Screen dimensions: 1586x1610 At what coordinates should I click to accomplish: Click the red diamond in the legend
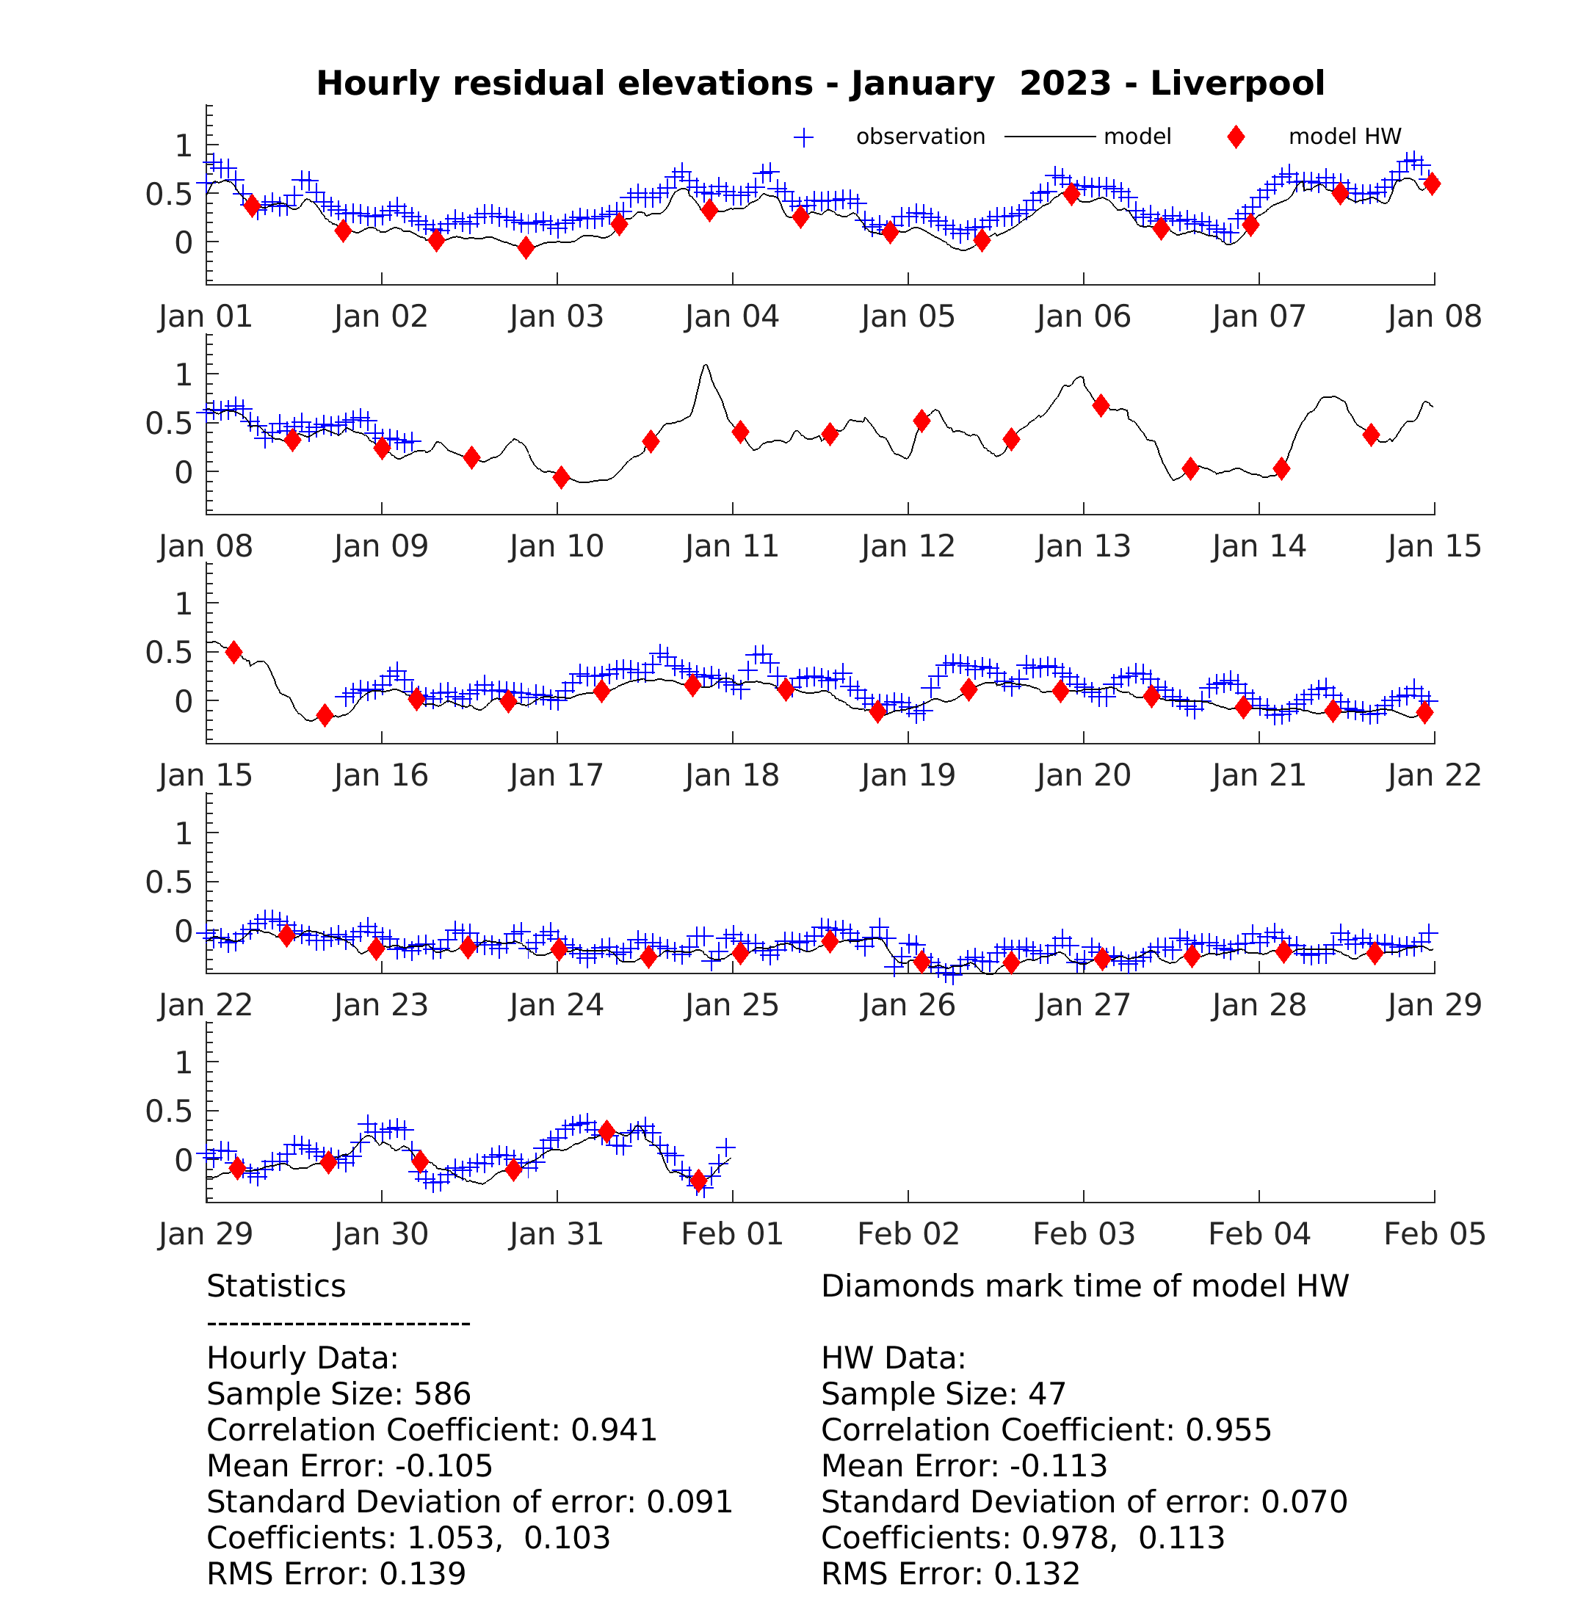coord(1236,137)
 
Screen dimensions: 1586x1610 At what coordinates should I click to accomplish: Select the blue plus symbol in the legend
coord(804,137)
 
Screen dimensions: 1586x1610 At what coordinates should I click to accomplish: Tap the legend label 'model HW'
coord(1344,137)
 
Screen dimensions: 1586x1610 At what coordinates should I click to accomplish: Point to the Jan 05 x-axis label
coord(908,316)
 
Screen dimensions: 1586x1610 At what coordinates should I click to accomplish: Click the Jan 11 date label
coord(732,546)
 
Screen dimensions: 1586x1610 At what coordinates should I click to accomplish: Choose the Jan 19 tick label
coord(908,775)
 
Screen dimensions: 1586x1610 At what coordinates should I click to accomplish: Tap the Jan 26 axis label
coord(908,1005)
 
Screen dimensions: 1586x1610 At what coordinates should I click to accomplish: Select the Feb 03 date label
coord(1084,1234)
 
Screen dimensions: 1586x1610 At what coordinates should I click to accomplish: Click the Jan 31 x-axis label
coord(557,1234)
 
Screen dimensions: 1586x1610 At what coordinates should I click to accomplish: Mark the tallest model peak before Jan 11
coord(706,365)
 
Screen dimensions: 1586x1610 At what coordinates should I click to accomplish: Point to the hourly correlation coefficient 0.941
coord(614,1429)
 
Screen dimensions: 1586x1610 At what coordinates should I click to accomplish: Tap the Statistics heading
coord(276,1286)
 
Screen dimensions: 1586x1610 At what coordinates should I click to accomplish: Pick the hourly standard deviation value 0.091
coord(689,1502)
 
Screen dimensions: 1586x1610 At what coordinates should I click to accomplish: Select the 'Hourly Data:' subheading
coord(303,1357)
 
